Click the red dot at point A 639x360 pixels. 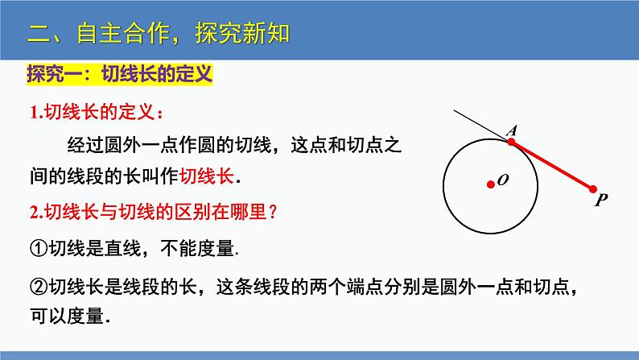coord(511,142)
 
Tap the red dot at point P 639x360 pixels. coord(593,189)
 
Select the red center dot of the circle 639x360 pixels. coord(491,184)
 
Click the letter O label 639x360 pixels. coord(503,180)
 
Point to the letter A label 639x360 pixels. coord(512,130)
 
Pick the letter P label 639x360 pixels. coord(600,201)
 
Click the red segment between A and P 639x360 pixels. coord(552,166)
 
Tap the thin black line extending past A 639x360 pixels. coord(480,124)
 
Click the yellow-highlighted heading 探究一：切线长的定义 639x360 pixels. coord(120,74)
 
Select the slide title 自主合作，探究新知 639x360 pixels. coord(183,33)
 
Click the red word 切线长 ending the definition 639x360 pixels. coord(207,176)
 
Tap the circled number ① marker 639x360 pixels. coord(39,248)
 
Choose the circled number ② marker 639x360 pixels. coord(39,287)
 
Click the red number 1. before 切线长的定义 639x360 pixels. coord(37,113)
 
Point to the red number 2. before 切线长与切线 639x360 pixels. coord(37,212)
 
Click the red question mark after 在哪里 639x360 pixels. coord(274,212)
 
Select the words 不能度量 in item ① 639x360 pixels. coord(197,248)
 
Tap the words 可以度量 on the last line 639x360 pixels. coord(67,316)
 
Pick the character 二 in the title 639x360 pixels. coord(39,34)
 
